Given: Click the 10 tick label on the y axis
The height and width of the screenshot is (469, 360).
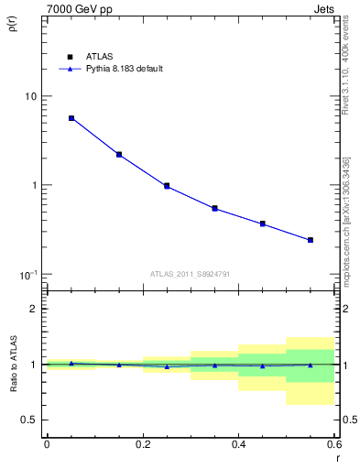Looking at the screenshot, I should pyautogui.click(x=30, y=96).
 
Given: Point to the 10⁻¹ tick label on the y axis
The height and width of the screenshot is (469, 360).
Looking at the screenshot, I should pyautogui.click(x=28, y=274).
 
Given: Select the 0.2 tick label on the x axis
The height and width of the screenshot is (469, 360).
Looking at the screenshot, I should pyautogui.click(x=142, y=447).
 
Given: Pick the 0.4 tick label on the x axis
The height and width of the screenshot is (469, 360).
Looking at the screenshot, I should pyautogui.click(x=238, y=447).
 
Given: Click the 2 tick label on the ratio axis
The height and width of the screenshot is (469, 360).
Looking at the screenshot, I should pyautogui.click(x=35, y=309).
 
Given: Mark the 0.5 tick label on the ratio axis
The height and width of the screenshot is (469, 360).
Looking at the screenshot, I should pyautogui.click(x=30, y=420).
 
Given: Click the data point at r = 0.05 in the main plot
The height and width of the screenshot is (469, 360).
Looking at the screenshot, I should pyautogui.click(x=71, y=118).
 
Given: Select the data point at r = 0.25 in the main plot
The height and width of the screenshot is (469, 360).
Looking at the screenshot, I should pyautogui.click(x=167, y=186).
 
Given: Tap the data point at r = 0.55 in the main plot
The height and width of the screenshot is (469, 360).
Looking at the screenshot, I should pyautogui.click(x=311, y=240).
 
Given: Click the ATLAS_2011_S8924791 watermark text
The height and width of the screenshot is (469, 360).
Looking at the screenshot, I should pyautogui.click(x=191, y=273).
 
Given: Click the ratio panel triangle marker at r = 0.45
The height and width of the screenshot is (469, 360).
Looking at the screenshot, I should pyautogui.click(x=262, y=365).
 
